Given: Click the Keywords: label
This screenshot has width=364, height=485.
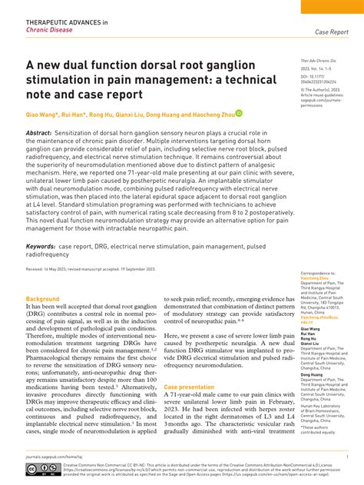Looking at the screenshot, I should pyautogui.click(x=45, y=224).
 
